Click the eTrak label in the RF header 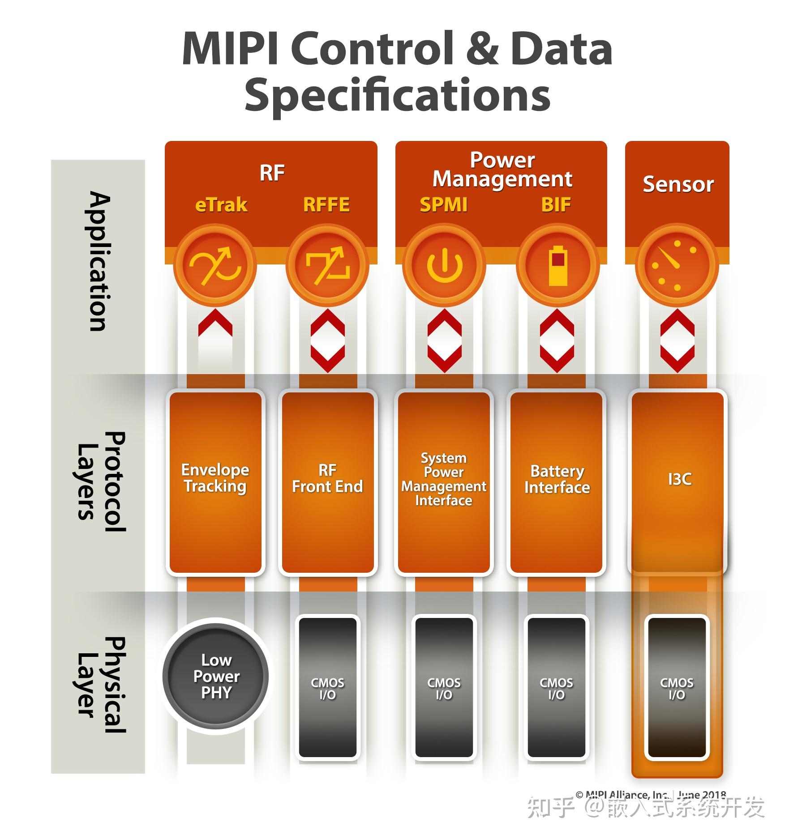pyautogui.click(x=221, y=205)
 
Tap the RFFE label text pyautogui.click(x=326, y=205)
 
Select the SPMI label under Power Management pyautogui.click(x=443, y=205)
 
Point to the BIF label pyautogui.click(x=556, y=205)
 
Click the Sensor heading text pyautogui.click(x=678, y=184)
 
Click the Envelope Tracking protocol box pyautogui.click(x=215, y=482)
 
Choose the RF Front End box pyautogui.click(x=328, y=482)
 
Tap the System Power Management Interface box pyautogui.click(x=444, y=482)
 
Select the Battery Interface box pyautogui.click(x=557, y=482)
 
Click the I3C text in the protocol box pyautogui.click(x=679, y=479)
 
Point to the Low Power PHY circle pyautogui.click(x=215, y=676)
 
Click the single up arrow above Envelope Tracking pyautogui.click(x=215, y=323)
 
